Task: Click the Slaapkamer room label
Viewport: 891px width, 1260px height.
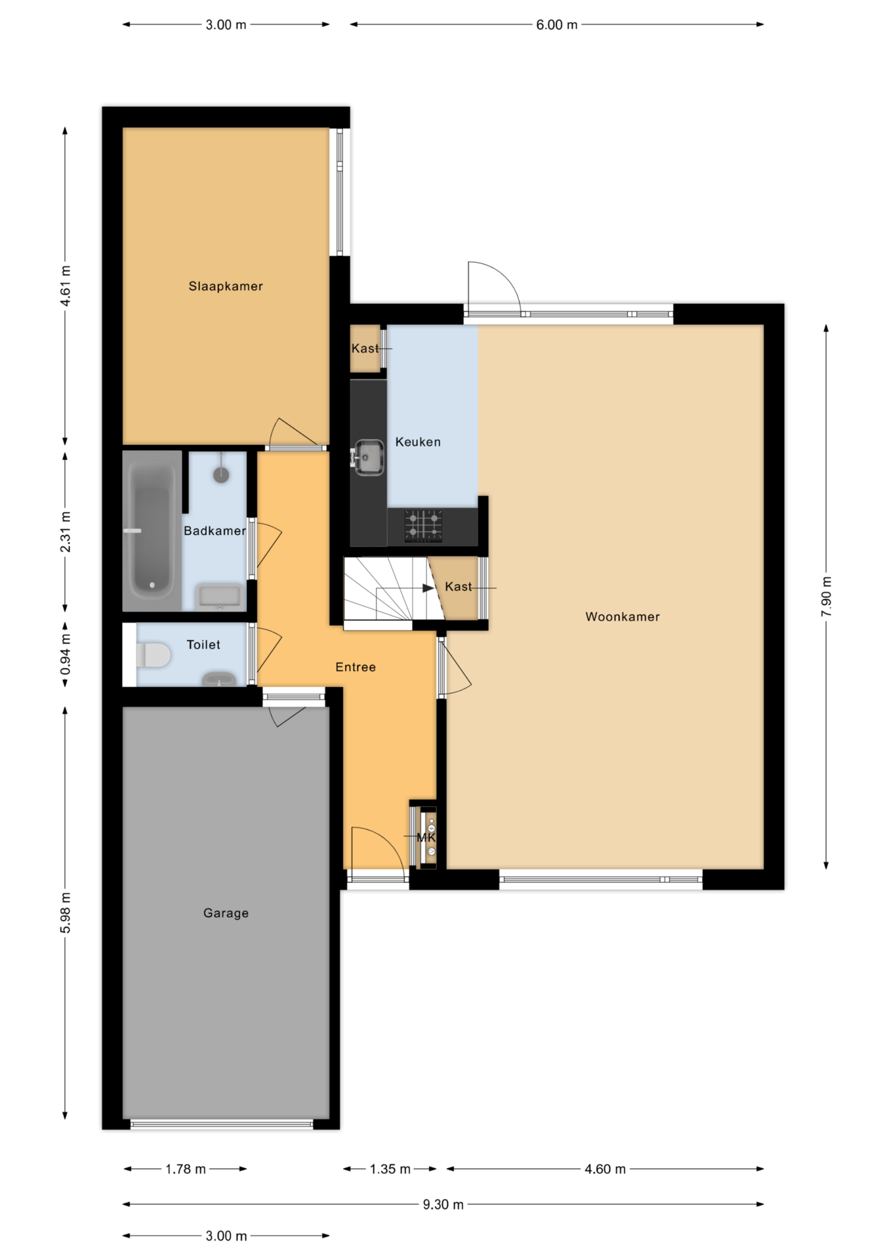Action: [x=226, y=286]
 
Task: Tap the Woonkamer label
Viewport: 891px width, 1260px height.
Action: [x=623, y=617]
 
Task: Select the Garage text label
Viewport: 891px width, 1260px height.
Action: [x=226, y=913]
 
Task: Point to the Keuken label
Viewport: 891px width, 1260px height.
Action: [x=418, y=442]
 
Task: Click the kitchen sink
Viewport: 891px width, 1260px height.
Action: [x=368, y=457]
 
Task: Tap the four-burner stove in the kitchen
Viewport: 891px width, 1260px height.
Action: [x=423, y=526]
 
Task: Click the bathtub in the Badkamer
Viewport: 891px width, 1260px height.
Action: [x=152, y=530]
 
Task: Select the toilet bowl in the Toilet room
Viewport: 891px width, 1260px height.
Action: [x=154, y=655]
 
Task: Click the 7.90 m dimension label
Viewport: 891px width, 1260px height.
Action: [x=826, y=597]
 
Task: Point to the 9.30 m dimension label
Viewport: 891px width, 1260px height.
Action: [x=443, y=1205]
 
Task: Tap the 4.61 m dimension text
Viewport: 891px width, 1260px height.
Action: [x=66, y=286]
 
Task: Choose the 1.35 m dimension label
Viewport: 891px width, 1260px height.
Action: [x=390, y=1169]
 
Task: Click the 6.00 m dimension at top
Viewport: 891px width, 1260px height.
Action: [x=556, y=25]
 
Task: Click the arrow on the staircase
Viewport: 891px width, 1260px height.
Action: [x=428, y=588]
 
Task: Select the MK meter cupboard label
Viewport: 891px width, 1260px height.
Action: [x=426, y=837]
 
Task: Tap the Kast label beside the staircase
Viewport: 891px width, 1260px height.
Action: [x=458, y=587]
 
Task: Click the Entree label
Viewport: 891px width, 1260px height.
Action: [x=356, y=667]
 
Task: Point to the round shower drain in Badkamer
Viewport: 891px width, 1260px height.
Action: [x=221, y=474]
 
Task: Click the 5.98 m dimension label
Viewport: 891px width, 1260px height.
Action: [x=66, y=913]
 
